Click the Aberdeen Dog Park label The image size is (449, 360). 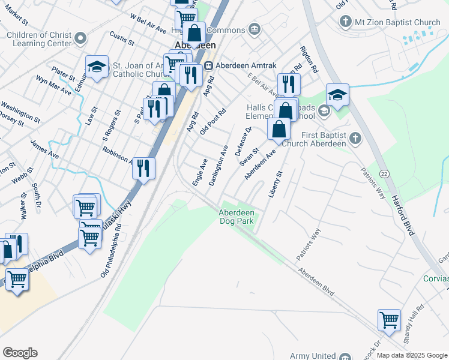237,217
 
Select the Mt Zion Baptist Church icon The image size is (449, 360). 345,23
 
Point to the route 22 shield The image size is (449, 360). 384,173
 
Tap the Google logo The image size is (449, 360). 20,353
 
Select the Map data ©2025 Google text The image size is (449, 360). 412,355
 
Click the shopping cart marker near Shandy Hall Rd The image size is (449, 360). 389,320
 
